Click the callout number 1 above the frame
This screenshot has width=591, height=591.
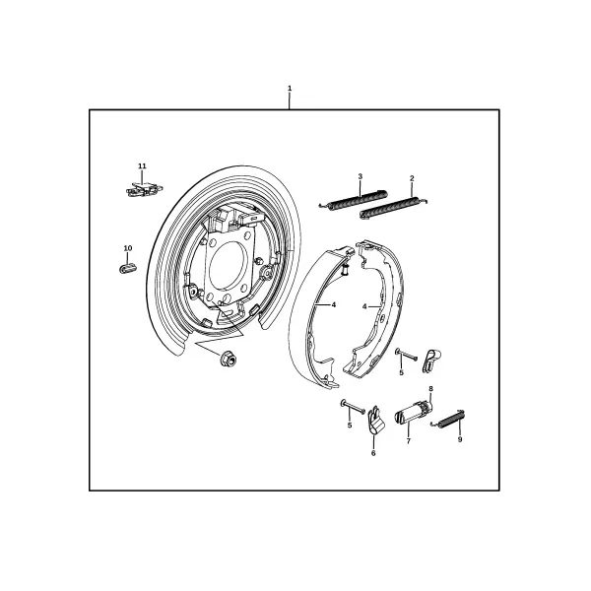(290, 89)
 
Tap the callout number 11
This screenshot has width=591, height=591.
(142, 165)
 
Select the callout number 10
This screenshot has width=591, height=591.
(128, 248)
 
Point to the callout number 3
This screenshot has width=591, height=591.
(360, 176)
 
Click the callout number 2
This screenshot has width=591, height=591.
(412, 178)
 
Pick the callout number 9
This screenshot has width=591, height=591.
(460, 439)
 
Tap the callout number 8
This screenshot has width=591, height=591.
(430, 389)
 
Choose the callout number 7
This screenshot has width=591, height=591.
(408, 441)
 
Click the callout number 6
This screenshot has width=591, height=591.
(373, 453)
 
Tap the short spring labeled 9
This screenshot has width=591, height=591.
(448, 420)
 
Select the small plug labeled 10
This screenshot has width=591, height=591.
(128, 268)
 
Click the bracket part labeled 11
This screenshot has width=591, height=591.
(144, 189)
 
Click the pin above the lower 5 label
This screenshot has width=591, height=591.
(353, 406)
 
